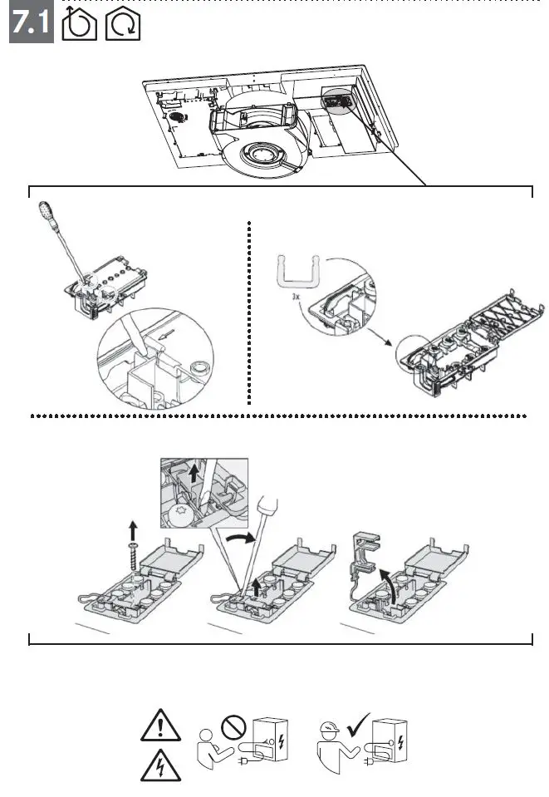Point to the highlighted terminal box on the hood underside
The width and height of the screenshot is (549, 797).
[x=336, y=99]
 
